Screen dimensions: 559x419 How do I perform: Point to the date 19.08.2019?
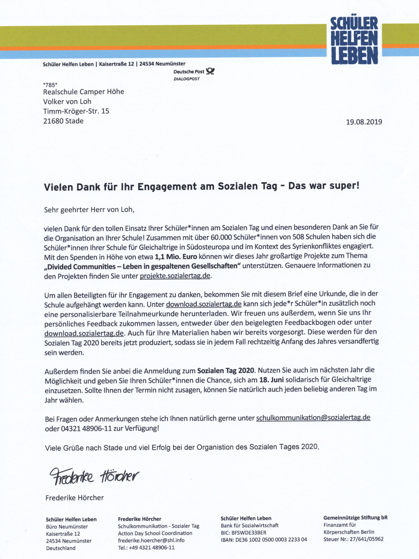364,122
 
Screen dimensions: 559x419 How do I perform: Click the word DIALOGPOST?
186,79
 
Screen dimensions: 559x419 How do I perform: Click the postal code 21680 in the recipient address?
53,121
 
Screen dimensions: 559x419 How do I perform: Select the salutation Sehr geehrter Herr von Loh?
89,210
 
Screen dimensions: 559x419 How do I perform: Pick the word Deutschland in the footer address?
61,548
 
